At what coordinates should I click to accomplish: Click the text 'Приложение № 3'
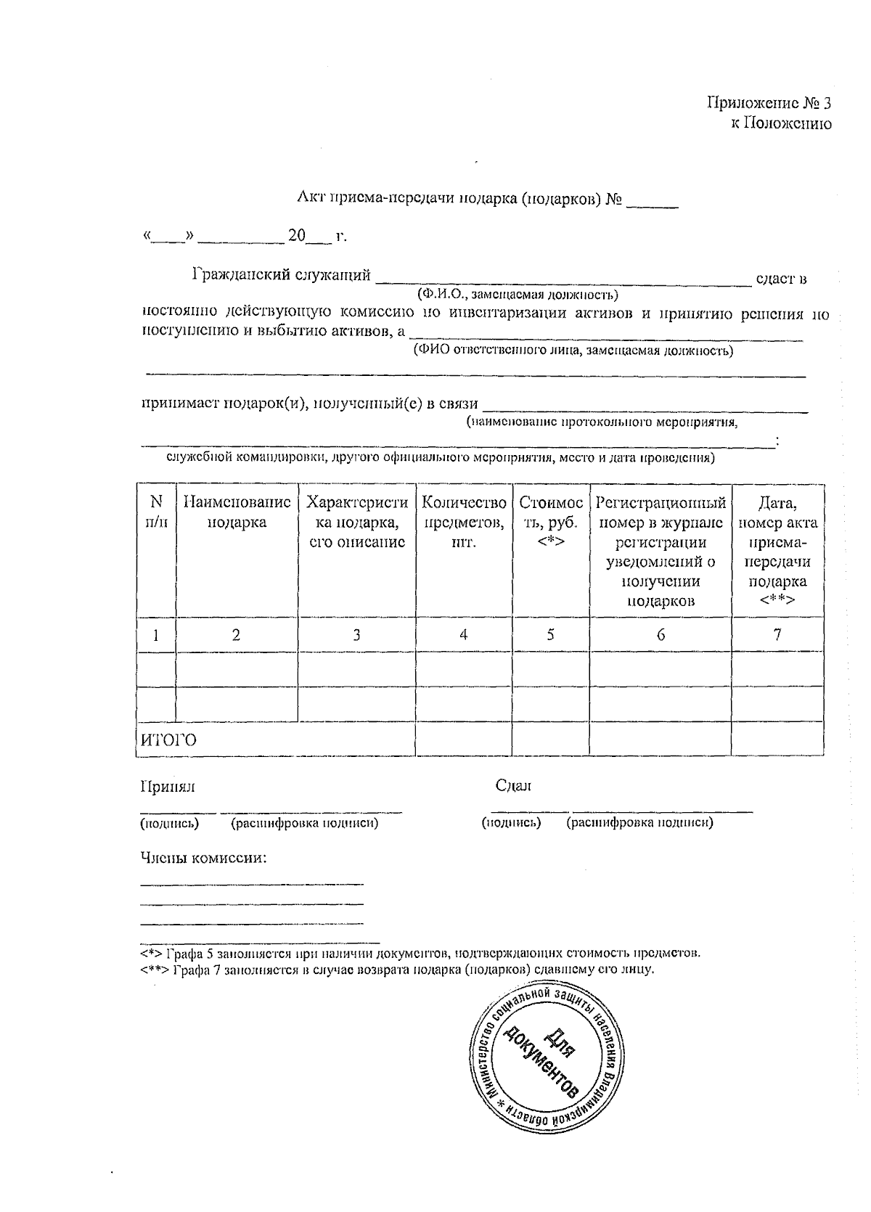tap(769, 103)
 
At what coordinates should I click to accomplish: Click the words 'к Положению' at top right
tap(780, 123)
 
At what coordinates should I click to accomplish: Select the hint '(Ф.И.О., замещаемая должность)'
tap(517, 295)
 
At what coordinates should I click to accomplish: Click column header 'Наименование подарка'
tap(237, 512)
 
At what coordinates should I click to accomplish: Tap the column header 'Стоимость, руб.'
tap(550, 521)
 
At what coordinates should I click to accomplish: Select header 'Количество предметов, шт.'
tap(463, 521)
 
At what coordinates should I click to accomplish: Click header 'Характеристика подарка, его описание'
tap(356, 521)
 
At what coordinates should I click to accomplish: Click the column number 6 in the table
tap(661, 634)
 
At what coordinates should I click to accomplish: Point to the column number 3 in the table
tap(356, 634)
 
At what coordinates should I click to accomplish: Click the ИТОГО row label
tap(168, 740)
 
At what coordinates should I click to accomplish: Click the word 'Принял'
tap(168, 786)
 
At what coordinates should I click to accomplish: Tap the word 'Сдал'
tap(513, 785)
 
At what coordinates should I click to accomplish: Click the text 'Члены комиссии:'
tap(204, 858)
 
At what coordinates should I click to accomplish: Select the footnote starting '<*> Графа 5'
tap(420, 953)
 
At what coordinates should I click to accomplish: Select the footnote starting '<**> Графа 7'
tap(397, 970)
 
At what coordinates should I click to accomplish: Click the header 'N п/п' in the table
tap(156, 512)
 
